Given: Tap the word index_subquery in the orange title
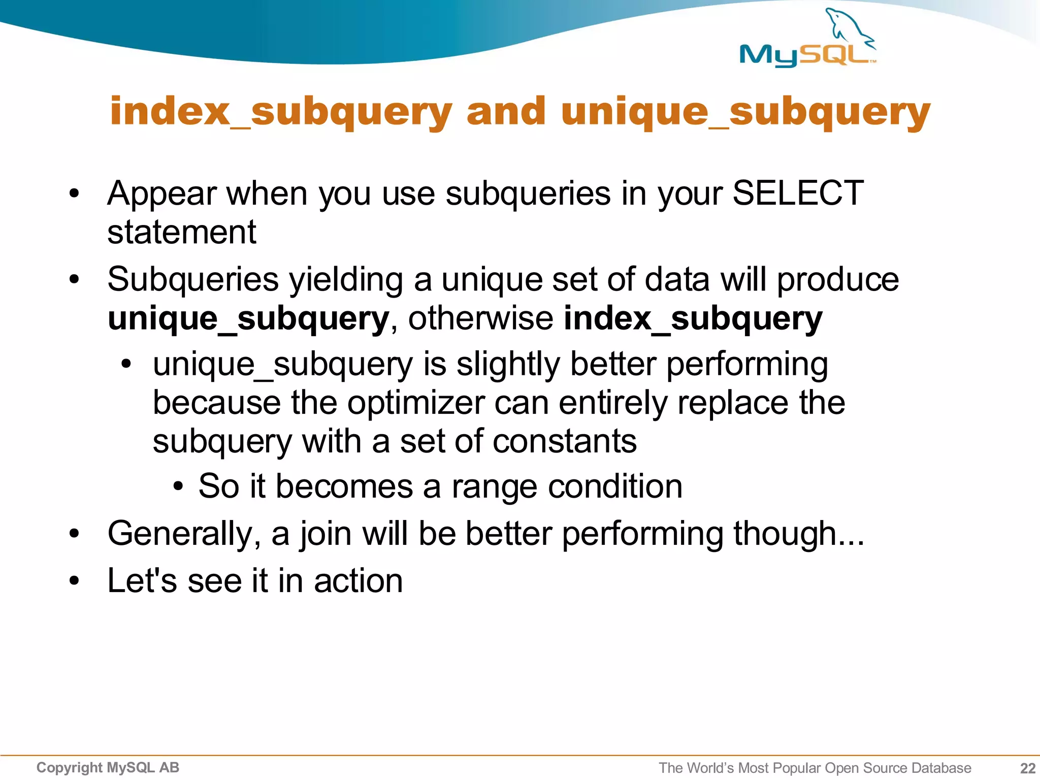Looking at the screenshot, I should click(x=281, y=112).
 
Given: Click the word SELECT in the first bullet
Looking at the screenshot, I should click(x=797, y=193).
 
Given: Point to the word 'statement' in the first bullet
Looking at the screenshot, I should click(x=182, y=233).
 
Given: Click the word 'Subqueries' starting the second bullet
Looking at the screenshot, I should click(x=193, y=279).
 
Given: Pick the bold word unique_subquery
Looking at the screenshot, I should click(x=248, y=319).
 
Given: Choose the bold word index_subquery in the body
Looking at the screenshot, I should click(x=693, y=319).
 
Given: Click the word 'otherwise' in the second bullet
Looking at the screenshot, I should click(x=480, y=319).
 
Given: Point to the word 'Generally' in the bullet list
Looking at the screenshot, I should click(x=180, y=534).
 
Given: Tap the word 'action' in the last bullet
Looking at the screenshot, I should click(x=358, y=581).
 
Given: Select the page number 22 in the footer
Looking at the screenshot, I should click(x=1027, y=768).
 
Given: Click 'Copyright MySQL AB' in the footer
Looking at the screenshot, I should click(x=108, y=767).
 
